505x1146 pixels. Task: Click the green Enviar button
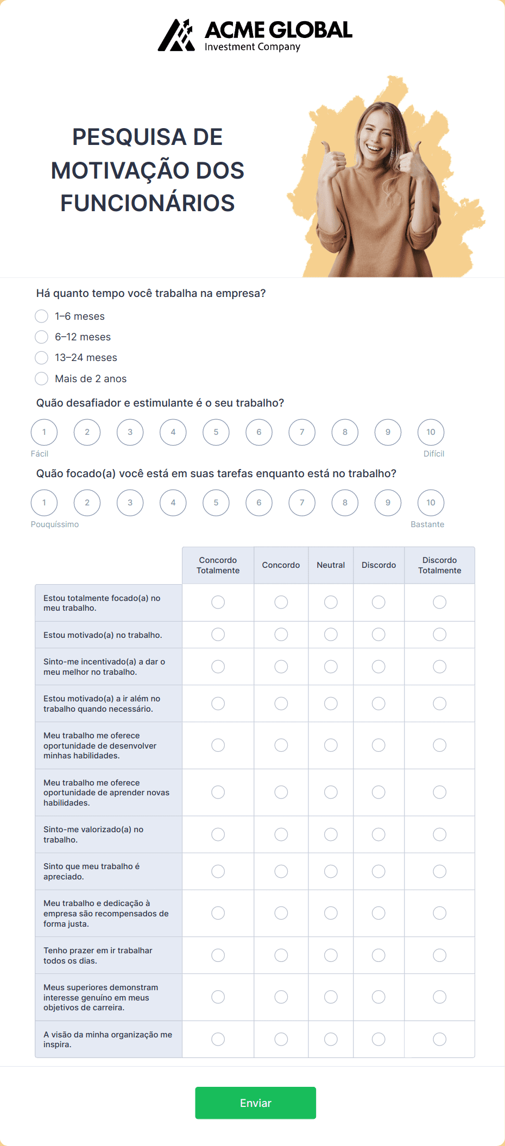(x=255, y=1103)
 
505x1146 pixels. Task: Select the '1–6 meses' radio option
(x=42, y=316)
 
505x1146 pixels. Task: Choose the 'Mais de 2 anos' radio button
(x=42, y=378)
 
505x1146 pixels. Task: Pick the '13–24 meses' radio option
(x=42, y=358)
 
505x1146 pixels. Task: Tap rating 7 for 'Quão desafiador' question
(x=302, y=432)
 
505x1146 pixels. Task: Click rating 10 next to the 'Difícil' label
(x=431, y=432)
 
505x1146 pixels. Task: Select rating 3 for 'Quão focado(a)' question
(x=130, y=503)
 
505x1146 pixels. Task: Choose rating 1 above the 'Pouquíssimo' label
(x=44, y=503)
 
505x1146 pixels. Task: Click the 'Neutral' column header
(x=331, y=565)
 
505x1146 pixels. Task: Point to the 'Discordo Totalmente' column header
(x=439, y=565)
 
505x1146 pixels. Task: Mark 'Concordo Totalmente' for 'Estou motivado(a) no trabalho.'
(x=218, y=634)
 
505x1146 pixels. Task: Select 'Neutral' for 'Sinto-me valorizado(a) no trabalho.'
(x=331, y=834)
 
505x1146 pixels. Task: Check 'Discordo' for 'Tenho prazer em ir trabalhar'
(x=378, y=955)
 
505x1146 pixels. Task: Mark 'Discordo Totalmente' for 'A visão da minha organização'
(x=439, y=1039)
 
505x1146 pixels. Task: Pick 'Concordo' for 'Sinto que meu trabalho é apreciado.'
(x=281, y=871)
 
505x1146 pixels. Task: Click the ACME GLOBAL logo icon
(x=176, y=35)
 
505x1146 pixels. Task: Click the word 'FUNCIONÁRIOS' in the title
(x=147, y=203)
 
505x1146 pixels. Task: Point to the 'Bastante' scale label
(x=427, y=524)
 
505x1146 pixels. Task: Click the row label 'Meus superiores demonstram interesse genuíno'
(x=101, y=997)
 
